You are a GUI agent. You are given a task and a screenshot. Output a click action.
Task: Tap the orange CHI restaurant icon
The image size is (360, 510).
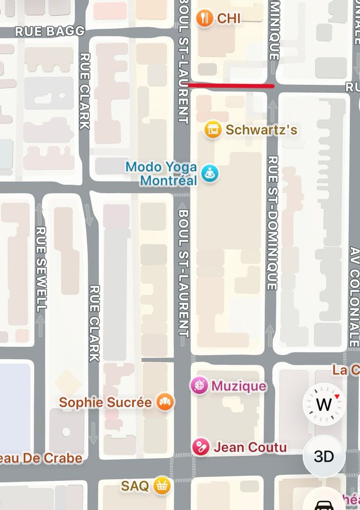click(204, 18)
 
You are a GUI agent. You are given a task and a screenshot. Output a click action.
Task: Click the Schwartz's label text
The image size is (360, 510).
click(261, 130)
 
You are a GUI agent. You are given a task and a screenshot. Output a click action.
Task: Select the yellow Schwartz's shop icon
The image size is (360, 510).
click(213, 130)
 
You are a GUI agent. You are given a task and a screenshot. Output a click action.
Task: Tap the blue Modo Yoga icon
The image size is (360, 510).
click(209, 173)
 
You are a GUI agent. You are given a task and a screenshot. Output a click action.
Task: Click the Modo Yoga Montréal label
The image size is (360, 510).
click(162, 173)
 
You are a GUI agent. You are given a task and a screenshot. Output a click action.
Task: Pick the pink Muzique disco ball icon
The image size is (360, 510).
click(199, 386)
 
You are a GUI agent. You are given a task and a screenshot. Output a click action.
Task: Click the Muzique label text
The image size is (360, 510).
click(239, 386)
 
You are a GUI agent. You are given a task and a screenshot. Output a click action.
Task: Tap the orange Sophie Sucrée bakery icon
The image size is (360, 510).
click(165, 402)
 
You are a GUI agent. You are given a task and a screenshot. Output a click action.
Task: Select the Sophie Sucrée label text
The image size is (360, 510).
click(106, 402)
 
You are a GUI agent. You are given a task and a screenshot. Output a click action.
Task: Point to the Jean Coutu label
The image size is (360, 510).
click(250, 447)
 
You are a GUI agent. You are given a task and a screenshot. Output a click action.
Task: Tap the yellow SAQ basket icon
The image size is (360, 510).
click(162, 486)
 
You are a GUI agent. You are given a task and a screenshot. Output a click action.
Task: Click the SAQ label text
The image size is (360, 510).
click(135, 486)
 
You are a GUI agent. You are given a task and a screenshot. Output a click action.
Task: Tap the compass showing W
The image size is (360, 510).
click(324, 404)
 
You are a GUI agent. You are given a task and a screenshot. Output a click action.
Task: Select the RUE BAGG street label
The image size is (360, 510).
click(50, 31)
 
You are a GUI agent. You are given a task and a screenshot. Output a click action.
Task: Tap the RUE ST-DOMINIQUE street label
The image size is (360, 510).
click(272, 222)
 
